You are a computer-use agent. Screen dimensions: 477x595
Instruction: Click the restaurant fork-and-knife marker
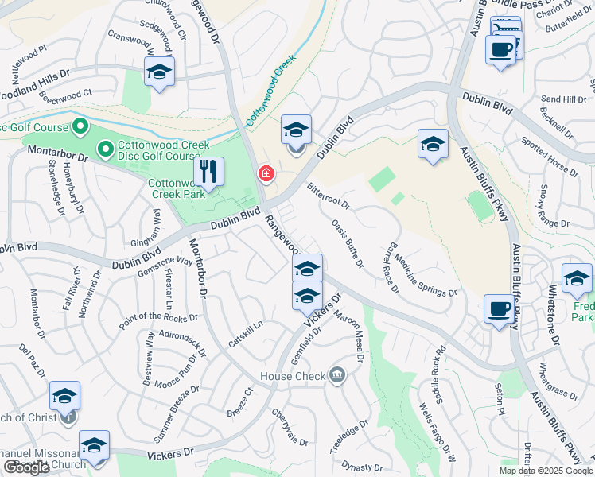coord(208,172)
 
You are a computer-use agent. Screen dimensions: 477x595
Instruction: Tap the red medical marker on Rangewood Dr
coord(266,173)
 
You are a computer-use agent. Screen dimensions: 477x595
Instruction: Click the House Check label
coord(293,375)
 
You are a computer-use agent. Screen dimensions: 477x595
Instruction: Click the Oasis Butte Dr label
coord(347,243)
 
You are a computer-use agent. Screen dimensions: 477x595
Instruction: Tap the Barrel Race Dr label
coord(391,268)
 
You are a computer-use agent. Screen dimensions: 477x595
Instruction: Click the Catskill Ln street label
coord(247,335)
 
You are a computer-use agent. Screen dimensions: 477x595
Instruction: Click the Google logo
coord(26,467)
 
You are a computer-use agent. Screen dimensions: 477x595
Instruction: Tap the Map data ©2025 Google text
coord(546,471)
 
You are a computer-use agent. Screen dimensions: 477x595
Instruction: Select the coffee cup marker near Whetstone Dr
coord(499,308)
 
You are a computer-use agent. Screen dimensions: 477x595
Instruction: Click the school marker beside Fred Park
coord(576,277)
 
